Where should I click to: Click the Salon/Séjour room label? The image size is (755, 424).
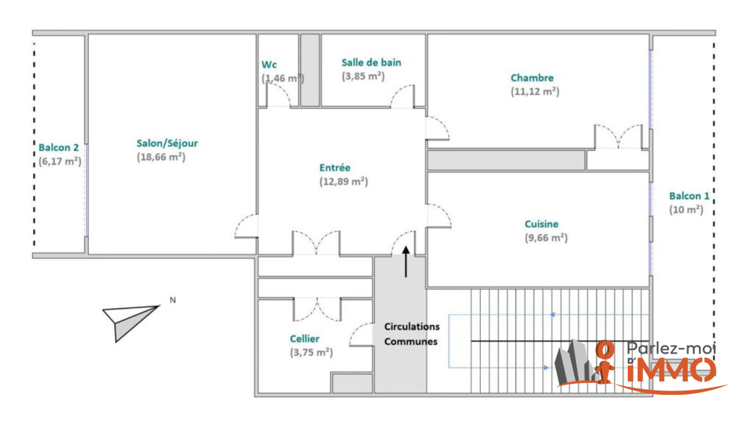167,144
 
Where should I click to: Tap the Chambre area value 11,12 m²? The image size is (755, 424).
535,92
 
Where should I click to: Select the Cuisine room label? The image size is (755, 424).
542,224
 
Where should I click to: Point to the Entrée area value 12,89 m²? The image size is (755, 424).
344,182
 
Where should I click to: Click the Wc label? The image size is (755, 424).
269,65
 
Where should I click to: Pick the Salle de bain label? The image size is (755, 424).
371,62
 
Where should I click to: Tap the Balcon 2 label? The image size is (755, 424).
58,147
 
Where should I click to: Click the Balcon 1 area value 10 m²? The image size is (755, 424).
686,210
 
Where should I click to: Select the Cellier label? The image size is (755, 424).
305,339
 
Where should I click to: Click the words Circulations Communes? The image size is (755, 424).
411,334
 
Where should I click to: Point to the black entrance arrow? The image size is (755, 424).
406,262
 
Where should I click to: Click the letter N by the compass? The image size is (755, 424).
172,300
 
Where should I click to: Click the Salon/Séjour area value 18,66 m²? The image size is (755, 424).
161,157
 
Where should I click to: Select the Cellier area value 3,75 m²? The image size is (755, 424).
311,352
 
